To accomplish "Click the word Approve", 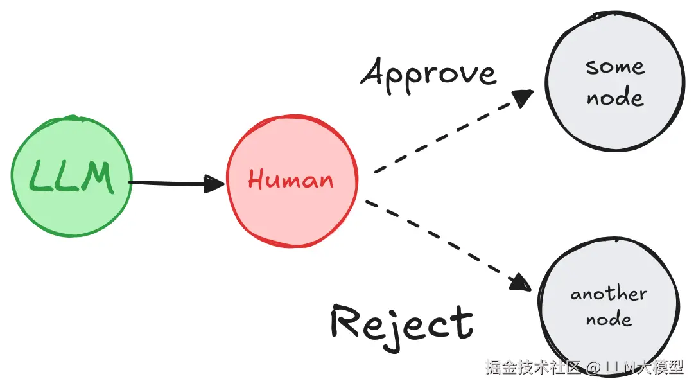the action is tap(428, 74).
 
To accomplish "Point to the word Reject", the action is tap(402, 323).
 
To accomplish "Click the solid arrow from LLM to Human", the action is tap(170, 184).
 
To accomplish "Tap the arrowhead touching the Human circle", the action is tap(214, 184).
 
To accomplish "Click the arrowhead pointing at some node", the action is tap(523, 98).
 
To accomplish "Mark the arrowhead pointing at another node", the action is tap(521, 283).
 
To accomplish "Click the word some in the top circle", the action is tap(614, 67).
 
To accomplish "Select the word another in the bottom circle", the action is tap(609, 294).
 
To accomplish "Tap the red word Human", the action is tap(291, 180).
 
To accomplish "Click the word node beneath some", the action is tap(614, 98).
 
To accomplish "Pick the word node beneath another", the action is tap(608, 319).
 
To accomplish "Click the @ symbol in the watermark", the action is tap(593, 368).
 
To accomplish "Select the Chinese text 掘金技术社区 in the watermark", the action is tap(533, 368).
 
